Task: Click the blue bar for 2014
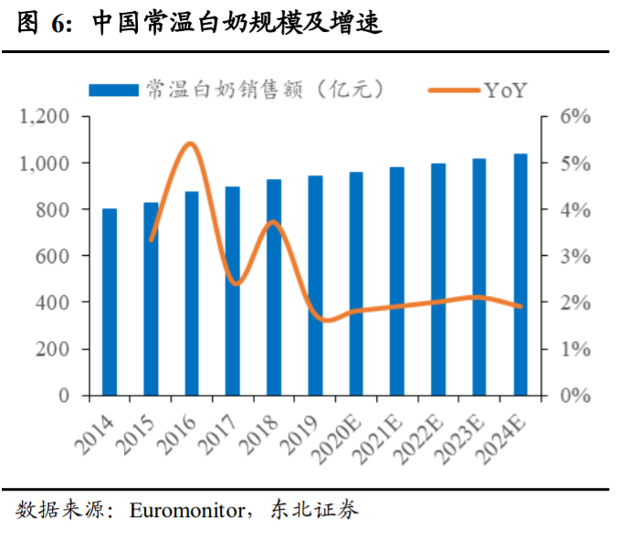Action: point(110,302)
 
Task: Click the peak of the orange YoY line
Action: point(190,143)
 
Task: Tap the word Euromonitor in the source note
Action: point(187,510)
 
